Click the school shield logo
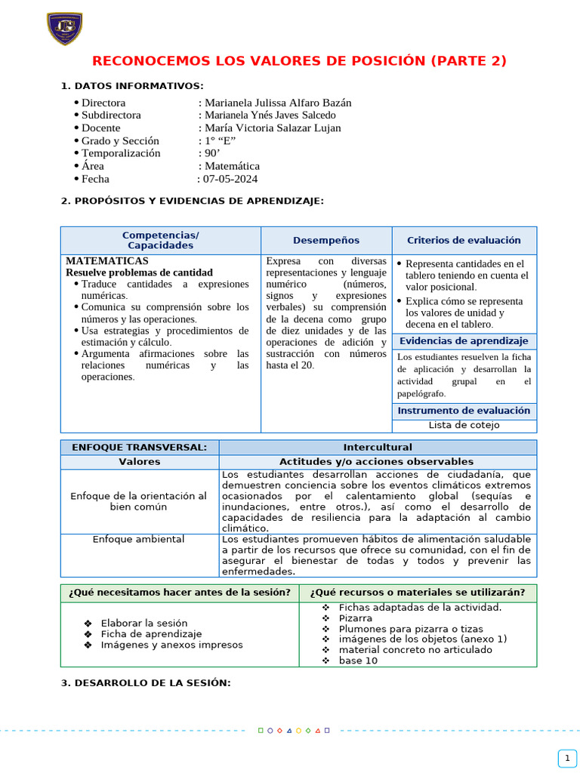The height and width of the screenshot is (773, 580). pyautogui.click(x=64, y=29)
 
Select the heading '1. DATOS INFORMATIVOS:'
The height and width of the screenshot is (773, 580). pyautogui.click(x=131, y=86)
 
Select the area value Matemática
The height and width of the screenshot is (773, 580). pyautogui.click(x=233, y=166)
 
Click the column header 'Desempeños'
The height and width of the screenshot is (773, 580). pyautogui.click(x=326, y=240)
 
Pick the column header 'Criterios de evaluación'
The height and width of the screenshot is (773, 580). pyautogui.click(x=464, y=240)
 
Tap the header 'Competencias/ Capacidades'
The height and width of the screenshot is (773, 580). pyautogui.click(x=160, y=240)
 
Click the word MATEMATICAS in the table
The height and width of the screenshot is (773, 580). pyautogui.click(x=107, y=260)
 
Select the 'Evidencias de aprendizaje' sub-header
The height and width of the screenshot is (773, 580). pyautogui.click(x=464, y=341)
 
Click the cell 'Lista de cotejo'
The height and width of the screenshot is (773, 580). pyautogui.click(x=464, y=425)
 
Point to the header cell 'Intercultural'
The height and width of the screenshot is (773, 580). pyautogui.click(x=378, y=448)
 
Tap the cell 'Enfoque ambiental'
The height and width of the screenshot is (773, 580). pyautogui.click(x=139, y=540)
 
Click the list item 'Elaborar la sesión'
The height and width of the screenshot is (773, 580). pyautogui.click(x=143, y=623)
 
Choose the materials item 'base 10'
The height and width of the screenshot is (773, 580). pyautogui.click(x=358, y=661)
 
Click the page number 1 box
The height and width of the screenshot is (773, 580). pyautogui.click(x=566, y=758)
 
